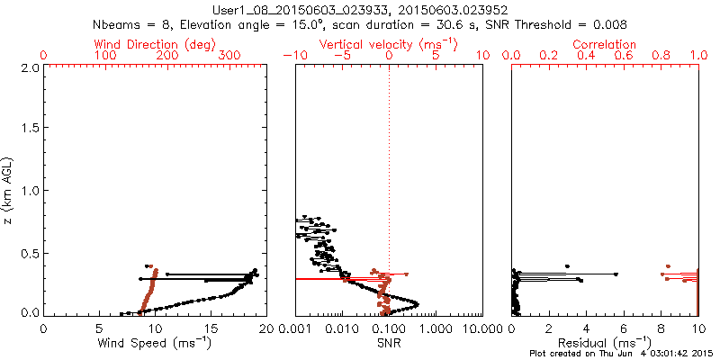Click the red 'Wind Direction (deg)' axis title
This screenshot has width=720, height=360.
[x=155, y=44]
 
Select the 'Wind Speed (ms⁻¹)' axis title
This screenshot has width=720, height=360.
[x=155, y=342]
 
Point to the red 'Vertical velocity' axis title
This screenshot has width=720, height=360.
[x=388, y=44]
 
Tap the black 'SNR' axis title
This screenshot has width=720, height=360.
[x=389, y=342]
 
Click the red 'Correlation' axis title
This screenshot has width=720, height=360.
[x=605, y=44]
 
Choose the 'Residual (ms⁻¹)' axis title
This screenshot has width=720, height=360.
[x=605, y=342]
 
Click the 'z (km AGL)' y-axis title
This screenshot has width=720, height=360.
[x=9, y=191]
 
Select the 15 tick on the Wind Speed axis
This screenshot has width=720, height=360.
[x=211, y=328]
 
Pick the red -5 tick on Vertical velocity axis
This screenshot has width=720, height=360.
[x=339, y=56]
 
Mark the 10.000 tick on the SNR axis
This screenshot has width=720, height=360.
[x=482, y=328]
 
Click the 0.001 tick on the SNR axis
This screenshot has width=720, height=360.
[x=295, y=328]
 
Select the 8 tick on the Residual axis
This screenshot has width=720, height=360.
[x=661, y=328]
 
